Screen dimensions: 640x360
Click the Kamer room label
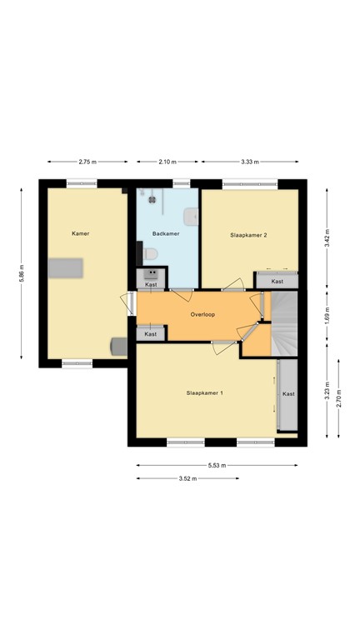[80, 233]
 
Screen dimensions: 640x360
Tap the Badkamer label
[165, 234]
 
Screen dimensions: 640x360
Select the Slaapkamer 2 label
[248, 235]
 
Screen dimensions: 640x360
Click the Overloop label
[203, 315]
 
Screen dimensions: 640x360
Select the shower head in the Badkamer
[152, 197]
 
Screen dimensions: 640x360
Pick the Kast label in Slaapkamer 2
[277, 282]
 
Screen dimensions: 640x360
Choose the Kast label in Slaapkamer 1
[288, 393]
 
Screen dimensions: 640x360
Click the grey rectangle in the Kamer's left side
[65, 267]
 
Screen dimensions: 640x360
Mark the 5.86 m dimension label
[22, 276]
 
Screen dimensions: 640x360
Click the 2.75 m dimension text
[87, 162]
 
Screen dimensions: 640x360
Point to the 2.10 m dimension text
[167, 162]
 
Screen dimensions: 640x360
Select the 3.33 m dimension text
[249, 162]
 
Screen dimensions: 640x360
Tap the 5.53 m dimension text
[217, 466]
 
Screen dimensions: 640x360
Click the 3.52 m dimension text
[187, 478]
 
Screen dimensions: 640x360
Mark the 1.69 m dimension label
[327, 316]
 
